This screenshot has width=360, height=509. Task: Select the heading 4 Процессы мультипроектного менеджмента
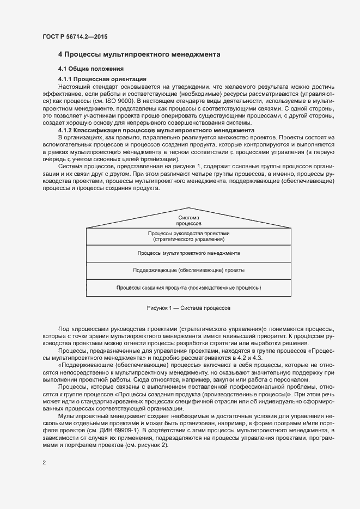[139, 55]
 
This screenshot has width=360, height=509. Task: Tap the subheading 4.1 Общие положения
[91, 69]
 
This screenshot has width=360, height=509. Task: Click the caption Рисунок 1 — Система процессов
[188, 308]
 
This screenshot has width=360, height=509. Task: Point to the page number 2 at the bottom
[44, 463]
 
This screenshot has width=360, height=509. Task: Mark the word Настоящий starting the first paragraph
[75, 87]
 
